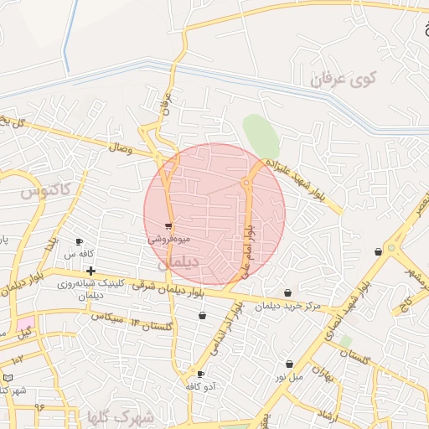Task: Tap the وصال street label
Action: [x=119, y=147]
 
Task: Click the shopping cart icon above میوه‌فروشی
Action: [x=169, y=225]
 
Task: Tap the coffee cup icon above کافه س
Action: [x=80, y=241]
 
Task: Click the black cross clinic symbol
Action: [x=90, y=271]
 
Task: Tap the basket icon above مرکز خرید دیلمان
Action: [x=288, y=293]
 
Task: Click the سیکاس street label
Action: [x=106, y=318]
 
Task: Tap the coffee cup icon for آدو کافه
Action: [x=200, y=374]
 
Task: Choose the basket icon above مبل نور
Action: [x=290, y=364]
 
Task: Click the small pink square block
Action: [x=25, y=323]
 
